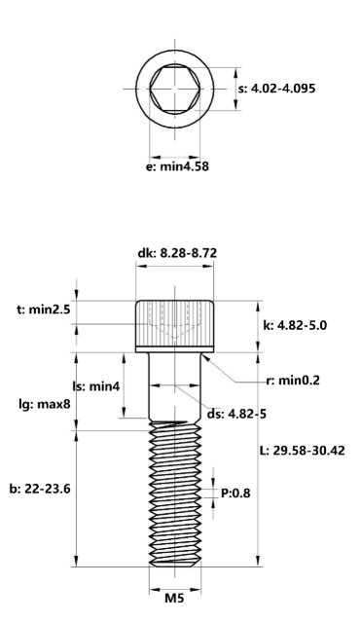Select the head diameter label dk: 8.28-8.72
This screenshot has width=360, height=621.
[177, 254]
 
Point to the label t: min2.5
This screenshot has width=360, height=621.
[40, 310]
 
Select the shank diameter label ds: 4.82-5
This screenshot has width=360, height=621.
[235, 414]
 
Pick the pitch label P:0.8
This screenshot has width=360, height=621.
[238, 493]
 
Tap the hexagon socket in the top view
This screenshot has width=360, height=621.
[175, 90]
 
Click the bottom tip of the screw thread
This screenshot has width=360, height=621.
[175, 565]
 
